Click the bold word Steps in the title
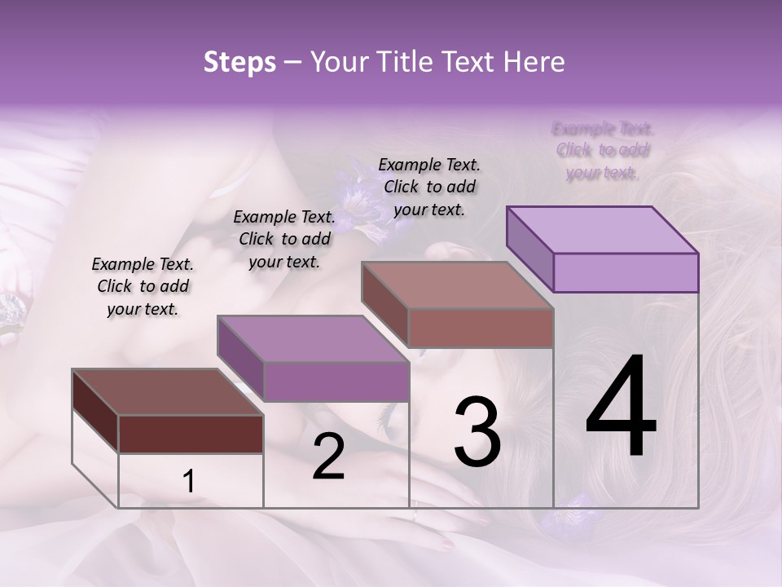[x=239, y=62]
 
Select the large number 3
[x=477, y=432]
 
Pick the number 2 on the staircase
[x=328, y=457]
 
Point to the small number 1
[x=189, y=483]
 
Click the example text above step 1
[x=143, y=287]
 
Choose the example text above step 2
[x=284, y=239]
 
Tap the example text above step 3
[x=430, y=187]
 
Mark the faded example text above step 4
[x=603, y=151]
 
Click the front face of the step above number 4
[x=626, y=272]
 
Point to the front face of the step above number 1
[x=191, y=434]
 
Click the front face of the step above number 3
[x=481, y=328]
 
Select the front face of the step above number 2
[x=336, y=382]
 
